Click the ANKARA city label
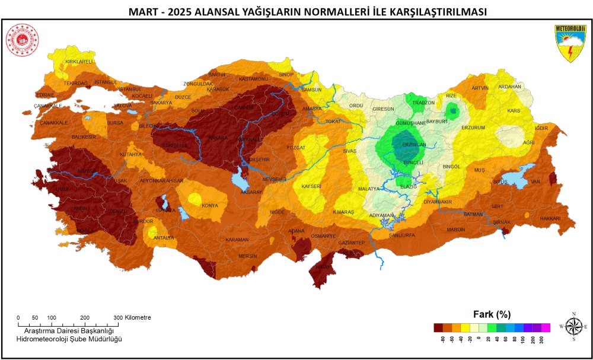pos(218,138)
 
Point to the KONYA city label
pos(210,206)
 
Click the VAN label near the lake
pos(535,181)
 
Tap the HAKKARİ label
pos(550,219)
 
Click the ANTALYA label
pos(164,238)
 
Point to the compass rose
pos(573,327)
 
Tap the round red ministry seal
pos(22,40)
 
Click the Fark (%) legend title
pos(492,314)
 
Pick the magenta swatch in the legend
pos(546,327)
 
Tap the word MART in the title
pos(143,12)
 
